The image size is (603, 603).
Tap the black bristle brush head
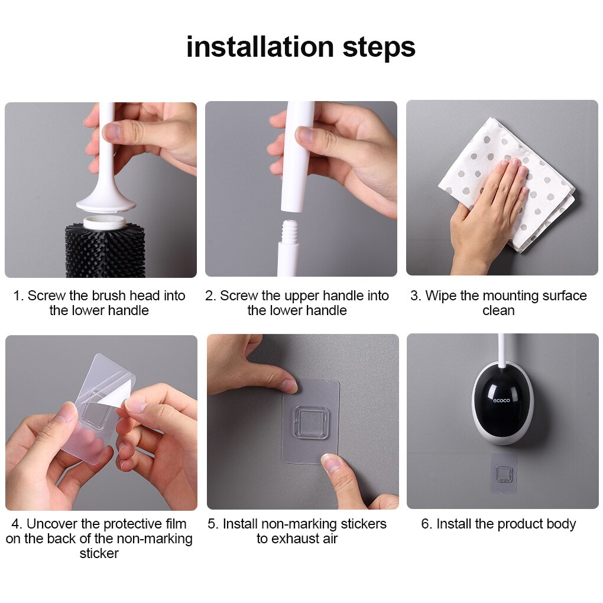coord(105,250)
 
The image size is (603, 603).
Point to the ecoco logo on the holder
coord(502,400)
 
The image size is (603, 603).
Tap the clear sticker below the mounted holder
coord(504,474)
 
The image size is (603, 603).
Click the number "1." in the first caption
coord(19,296)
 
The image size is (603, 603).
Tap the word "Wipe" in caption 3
coord(440,296)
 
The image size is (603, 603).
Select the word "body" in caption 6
coord(561,524)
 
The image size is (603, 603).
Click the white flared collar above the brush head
coord(106,204)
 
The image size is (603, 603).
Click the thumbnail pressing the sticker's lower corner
coord(332,463)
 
